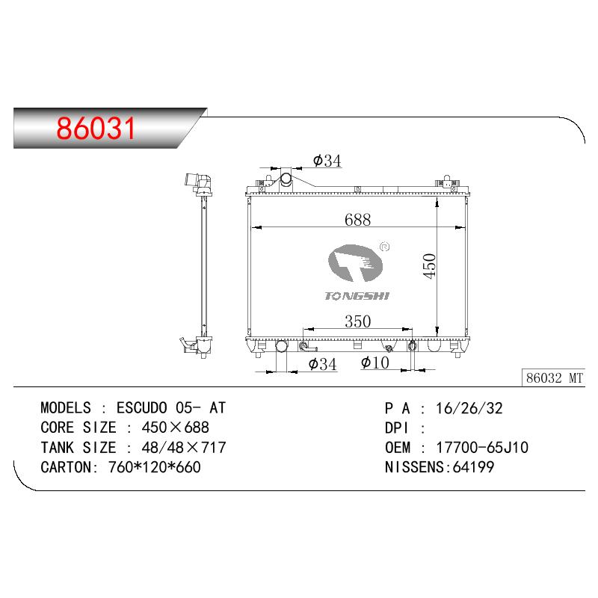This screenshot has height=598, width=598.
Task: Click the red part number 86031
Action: click(x=96, y=128)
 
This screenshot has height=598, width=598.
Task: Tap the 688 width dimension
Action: click(x=357, y=220)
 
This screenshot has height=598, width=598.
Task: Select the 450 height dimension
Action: click(x=429, y=266)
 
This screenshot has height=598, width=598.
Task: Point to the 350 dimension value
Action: click(x=358, y=321)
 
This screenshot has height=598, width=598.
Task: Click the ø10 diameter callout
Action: click(x=375, y=363)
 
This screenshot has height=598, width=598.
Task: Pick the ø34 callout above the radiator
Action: click(x=327, y=161)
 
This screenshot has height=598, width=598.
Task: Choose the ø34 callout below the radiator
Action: click(x=323, y=364)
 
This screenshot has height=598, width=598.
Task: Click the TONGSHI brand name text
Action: click(x=357, y=296)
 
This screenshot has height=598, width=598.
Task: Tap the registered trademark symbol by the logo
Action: click(x=385, y=247)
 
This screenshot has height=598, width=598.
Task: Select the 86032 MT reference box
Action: click(x=553, y=378)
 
